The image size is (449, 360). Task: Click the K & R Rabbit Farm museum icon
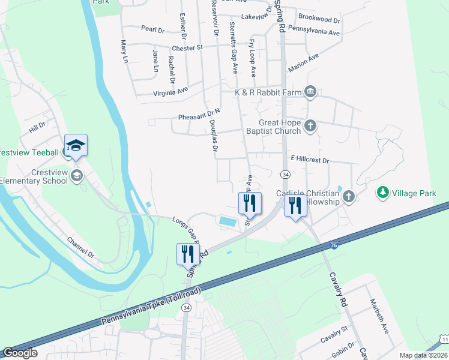310,92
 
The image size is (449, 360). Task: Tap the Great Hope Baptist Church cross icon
310,125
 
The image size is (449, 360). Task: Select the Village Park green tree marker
382,193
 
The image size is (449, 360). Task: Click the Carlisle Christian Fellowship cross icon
348,197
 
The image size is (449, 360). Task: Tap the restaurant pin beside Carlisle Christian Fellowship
295,206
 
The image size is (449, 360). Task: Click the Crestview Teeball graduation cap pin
76,146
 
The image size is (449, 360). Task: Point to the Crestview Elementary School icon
76,175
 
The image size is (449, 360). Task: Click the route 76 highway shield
334,245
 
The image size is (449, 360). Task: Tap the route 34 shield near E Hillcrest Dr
286,174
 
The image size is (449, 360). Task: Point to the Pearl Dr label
153,29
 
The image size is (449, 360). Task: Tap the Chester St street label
188,47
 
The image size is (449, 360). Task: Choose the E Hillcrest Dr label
310,160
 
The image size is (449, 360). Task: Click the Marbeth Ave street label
379,316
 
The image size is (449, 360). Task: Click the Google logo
20,353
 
